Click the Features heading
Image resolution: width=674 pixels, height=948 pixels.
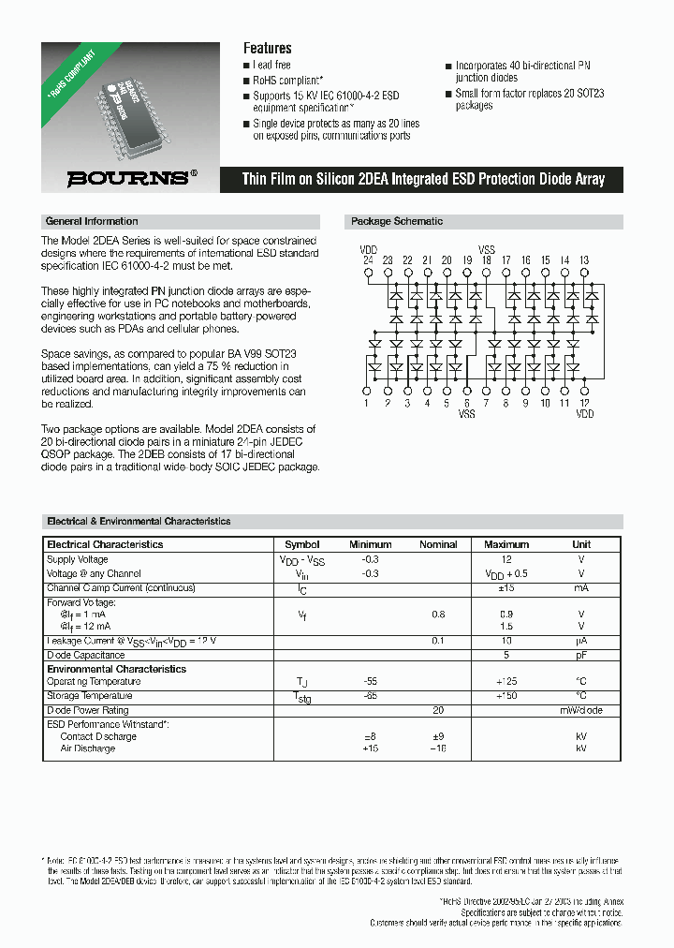point(267,48)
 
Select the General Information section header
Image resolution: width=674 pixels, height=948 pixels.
point(92,222)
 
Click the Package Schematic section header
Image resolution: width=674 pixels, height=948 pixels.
point(397,222)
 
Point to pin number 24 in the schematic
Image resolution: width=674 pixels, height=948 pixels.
point(368,259)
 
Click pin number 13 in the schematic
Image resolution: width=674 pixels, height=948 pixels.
point(584,259)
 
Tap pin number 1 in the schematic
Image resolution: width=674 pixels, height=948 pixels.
point(368,404)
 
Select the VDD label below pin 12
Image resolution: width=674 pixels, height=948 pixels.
point(584,414)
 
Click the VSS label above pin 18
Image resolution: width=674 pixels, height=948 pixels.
point(487,249)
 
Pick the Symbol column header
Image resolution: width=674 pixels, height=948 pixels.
point(301,544)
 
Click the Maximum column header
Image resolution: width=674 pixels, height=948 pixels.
point(506,544)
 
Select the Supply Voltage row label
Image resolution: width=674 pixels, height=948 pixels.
point(78,559)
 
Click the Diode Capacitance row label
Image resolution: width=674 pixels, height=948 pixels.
point(85,655)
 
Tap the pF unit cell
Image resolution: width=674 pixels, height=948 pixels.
point(581,655)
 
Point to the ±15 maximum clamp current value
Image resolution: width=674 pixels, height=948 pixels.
point(506,588)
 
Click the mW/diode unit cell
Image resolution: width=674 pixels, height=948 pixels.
point(581,710)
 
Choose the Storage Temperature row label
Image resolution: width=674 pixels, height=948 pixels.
point(89,696)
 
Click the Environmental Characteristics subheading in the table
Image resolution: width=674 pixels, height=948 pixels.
point(116,669)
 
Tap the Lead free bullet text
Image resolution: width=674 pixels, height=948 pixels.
point(271,66)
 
